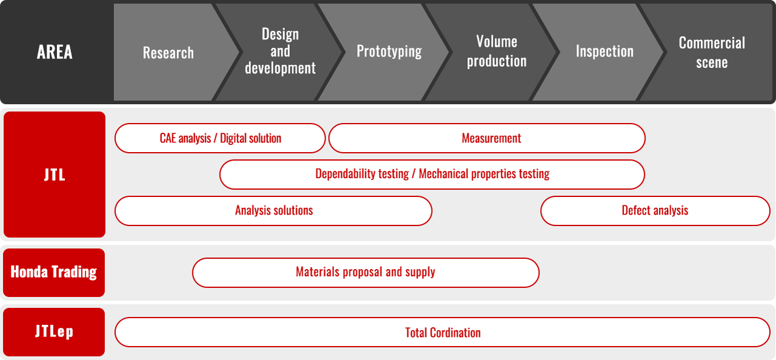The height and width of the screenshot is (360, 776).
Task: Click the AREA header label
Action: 55,52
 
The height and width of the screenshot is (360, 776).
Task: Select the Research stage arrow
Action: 169,52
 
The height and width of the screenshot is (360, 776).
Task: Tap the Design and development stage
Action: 280,52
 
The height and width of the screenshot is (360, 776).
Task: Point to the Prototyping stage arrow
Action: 389,52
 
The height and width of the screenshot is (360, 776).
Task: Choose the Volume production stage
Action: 497,52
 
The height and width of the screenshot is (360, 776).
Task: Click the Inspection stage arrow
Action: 604,52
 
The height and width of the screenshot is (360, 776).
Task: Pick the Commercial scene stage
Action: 712,52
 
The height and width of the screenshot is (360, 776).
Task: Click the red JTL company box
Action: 55,175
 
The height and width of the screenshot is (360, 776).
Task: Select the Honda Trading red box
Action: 54,272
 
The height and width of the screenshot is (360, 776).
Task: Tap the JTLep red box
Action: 54,332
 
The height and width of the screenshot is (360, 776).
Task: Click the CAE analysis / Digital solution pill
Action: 220,138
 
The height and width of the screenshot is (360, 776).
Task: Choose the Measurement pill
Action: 487,138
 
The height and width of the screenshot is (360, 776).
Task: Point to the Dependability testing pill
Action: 432,175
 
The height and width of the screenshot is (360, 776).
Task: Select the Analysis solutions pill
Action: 273,211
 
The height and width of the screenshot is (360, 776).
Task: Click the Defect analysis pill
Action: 655,211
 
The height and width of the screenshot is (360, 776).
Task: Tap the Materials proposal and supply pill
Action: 366,272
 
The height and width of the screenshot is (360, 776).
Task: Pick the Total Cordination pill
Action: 443,332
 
